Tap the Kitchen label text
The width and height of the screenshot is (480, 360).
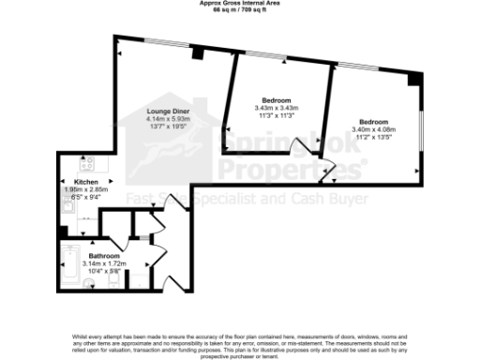click(x=86, y=181)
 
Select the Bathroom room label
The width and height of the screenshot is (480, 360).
click(x=104, y=255)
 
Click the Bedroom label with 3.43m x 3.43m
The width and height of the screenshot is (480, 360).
click(x=276, y=100)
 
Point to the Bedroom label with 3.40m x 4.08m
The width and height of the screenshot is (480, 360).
click(x=374, y=122)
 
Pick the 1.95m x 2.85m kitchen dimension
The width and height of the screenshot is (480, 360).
click(x=86, y=189)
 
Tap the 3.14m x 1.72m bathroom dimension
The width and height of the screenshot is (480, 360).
click(x=104, y=263)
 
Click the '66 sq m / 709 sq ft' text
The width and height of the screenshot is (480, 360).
click(x=239, y=9)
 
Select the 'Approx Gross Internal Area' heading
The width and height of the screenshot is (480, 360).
click(x=239, y=3)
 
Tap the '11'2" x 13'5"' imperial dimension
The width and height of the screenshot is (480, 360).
click(x=374, y=137)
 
